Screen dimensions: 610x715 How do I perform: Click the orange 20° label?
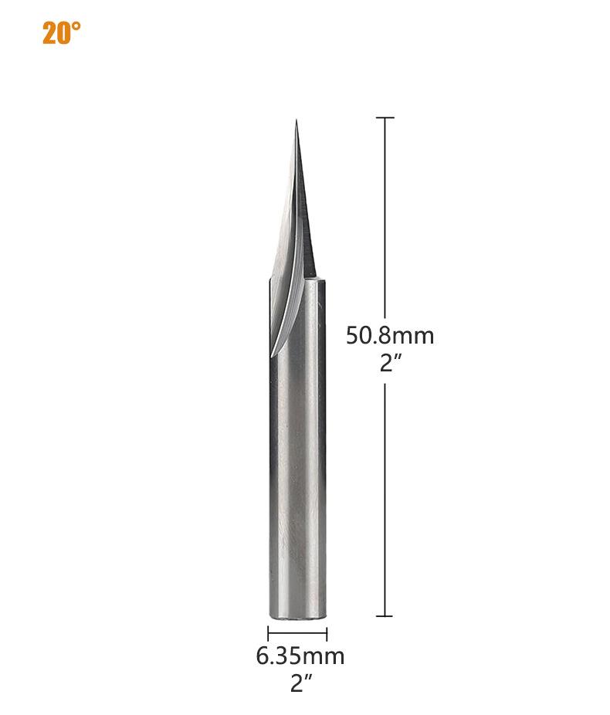pos(62,33)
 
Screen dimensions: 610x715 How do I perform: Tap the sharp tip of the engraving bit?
pos(297,120)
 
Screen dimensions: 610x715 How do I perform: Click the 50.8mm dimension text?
pos(390,336)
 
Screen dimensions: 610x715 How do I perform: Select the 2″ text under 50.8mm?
pos(390,362)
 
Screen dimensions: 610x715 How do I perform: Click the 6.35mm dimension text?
pos(300,656)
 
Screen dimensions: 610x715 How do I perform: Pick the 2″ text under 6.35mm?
pos(301,683)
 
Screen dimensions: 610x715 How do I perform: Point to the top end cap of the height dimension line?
pos(385,117)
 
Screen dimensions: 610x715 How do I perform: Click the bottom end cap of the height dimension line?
pos(385,616)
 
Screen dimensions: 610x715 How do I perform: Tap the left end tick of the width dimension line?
pos(268,634)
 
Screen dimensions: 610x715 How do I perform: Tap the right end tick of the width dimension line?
pos(327,634)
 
